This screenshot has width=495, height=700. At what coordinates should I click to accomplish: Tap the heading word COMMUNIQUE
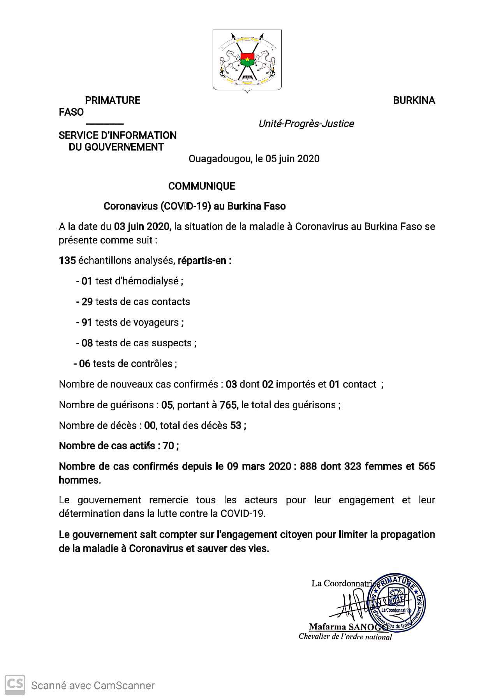coord(202,186)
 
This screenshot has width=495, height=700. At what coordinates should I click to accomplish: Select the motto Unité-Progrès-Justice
coord(306,124)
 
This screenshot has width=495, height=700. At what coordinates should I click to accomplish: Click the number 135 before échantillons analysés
coord(67,261)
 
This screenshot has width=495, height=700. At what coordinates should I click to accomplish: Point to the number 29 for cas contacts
coord(87,302)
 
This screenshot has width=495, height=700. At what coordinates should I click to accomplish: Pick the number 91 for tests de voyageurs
coord(87,323)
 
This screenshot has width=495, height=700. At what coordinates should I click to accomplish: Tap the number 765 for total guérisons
coord(228,405)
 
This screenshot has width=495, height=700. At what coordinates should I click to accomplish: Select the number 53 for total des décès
coord(236,426)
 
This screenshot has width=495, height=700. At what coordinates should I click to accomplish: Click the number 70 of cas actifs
coord(168,446)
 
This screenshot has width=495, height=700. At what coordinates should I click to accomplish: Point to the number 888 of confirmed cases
coord(308,467)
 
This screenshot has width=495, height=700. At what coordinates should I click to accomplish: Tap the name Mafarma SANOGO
coord(347,627)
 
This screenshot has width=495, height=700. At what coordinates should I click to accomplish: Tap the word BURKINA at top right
coord(414,101)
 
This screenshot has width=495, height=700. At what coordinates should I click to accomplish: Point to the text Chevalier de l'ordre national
coord(345,637)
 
